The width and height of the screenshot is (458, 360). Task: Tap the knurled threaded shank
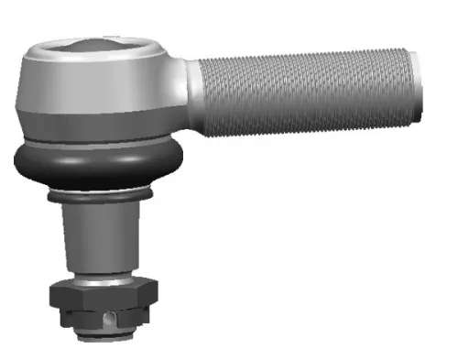pos(302,92)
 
